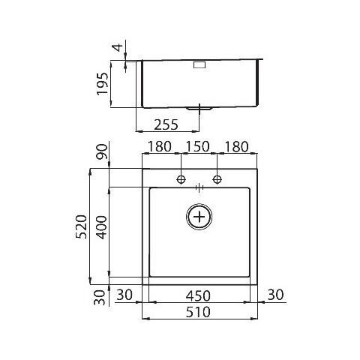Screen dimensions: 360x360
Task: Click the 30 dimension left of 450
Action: (x=125, y=295)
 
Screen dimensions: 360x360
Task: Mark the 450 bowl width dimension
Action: (x=199, y=295)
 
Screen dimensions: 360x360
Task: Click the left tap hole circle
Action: (x=181, y=179)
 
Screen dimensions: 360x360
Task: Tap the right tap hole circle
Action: (x=218, y=179)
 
